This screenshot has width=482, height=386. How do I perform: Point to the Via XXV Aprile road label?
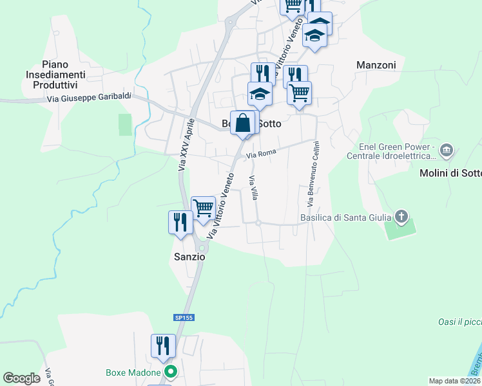click(186, 145)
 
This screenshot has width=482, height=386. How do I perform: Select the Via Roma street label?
click(261, 154)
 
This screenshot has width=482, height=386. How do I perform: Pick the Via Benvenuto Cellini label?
click(313, 174)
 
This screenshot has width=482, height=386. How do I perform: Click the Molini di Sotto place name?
click(450, 173)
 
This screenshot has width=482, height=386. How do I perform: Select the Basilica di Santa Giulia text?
click(346, 217)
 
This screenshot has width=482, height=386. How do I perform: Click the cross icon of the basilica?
click(402, 217)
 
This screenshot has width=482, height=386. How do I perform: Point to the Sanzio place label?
click(189, 256)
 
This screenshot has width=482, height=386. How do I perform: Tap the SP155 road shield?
click(184, 317)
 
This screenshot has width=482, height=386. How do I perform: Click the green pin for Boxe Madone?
click(170, 371)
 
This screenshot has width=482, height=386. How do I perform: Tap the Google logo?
click(21, 378)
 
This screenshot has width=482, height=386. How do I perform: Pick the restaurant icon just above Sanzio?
click(180, 223)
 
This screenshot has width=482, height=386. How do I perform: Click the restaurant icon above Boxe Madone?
click(163, 345)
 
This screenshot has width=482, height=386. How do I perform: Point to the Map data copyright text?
click(455, 381)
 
